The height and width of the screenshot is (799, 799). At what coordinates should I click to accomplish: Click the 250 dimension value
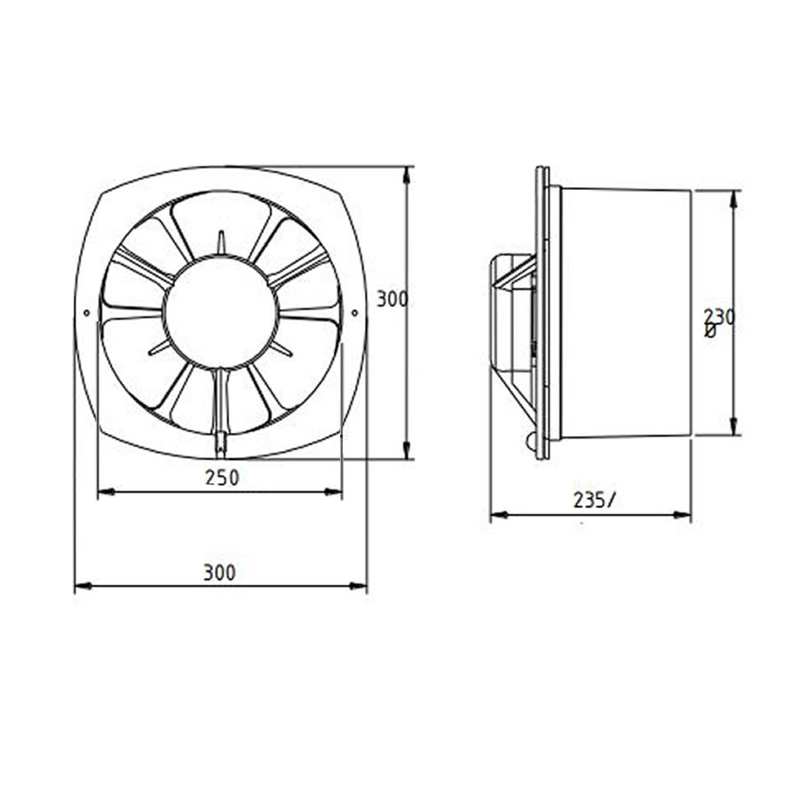point(222,477)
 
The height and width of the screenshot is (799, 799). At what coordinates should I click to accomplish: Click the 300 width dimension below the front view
point(219,573)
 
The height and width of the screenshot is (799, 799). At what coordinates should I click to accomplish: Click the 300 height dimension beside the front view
point(392,299)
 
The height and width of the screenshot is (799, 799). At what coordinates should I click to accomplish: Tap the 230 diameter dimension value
point(719,316)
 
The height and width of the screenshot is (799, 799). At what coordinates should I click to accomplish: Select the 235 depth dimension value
point(591,500)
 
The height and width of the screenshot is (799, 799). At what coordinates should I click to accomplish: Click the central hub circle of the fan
point(221,312)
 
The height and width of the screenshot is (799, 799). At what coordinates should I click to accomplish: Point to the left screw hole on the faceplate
point(86,312)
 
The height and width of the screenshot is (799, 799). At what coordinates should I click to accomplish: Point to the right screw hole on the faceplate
point(354,312)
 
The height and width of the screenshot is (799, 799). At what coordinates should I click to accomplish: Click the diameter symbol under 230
point(709,331)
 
